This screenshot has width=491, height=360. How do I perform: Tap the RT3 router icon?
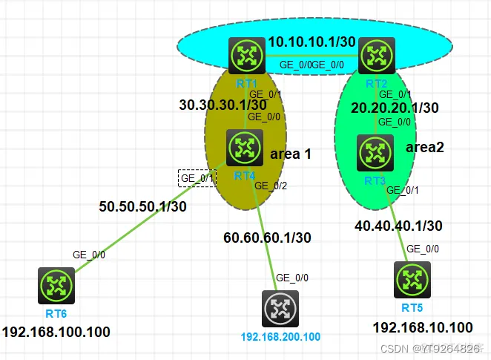[375, 152]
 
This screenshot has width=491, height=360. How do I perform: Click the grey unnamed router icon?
[280, 309]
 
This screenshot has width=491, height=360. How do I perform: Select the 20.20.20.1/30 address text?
[395, 108]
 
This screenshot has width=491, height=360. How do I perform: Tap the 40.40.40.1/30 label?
[399, 225]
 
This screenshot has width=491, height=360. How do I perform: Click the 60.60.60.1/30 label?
[268, 238]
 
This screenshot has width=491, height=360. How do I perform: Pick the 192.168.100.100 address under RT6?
[56, 332]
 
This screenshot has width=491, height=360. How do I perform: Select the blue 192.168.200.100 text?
[281, 336]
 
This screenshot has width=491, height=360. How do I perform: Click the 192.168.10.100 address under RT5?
[422, 327]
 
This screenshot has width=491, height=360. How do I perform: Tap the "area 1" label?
[291, 154]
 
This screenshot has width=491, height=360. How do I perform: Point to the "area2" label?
[425, 147]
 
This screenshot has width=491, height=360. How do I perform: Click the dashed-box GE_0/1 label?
[197, 178]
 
